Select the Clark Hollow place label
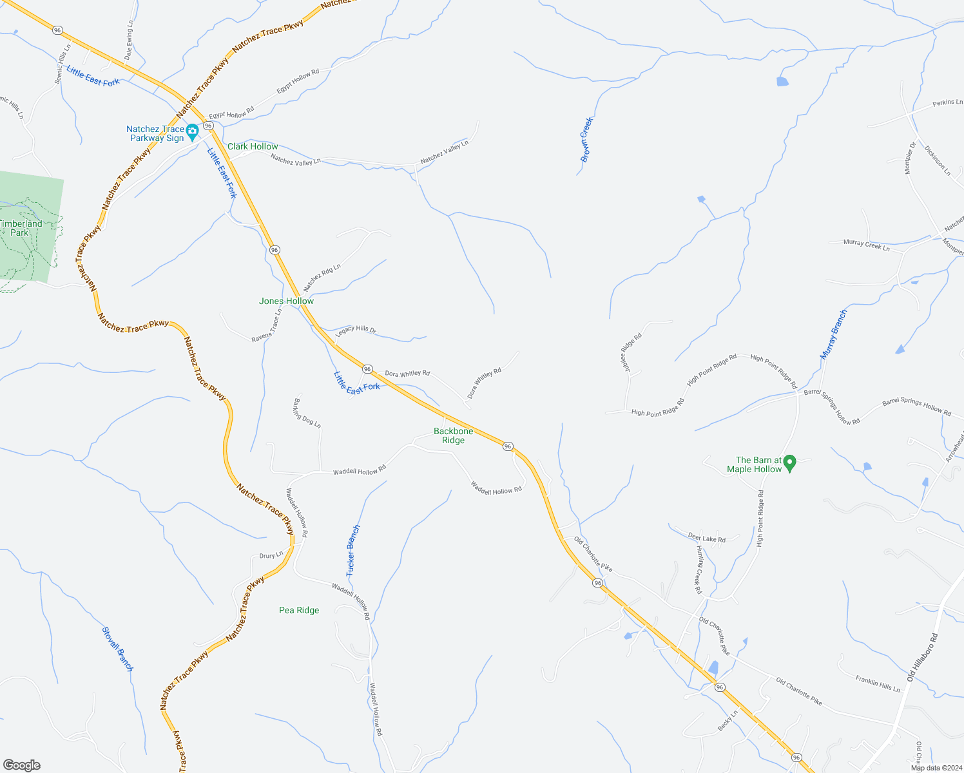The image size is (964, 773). [x=253, y=146]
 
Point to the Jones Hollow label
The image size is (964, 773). [x=286, y=301]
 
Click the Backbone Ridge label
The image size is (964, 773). [x=453, y=435]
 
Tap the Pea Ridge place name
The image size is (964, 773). [x=299, y=610]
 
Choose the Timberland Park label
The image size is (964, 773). [x=20, y=228]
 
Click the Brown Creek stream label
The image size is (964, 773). [x=586, y=139]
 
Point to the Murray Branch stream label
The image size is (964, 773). [x=833, y=334]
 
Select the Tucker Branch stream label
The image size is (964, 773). [x=352, y=551]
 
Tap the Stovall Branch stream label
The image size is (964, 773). [x=117, y=649]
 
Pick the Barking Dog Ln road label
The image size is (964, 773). [x=307, y=411]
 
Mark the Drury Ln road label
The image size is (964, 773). [x=271, y=555]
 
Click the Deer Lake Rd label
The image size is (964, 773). [x=706, y=539]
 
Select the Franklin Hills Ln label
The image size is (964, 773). [x=878, y=683]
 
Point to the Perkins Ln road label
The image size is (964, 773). [x=947, y=102]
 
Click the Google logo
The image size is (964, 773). [x=21, y=765]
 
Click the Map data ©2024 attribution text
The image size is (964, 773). [x=936, y=767]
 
